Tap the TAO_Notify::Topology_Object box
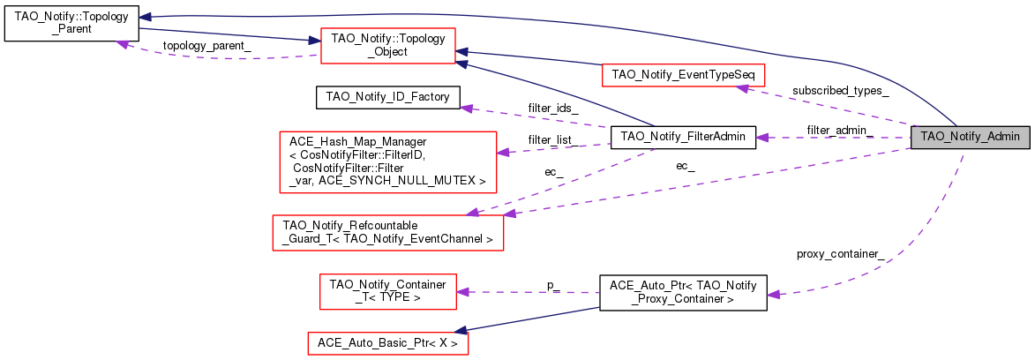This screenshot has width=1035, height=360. (x=386, y=46)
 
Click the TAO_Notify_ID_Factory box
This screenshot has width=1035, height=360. (x=387, y=96)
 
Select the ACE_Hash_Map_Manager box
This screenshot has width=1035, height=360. (x=386, y=161)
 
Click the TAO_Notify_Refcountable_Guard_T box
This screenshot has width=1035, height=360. (x=386, y=231)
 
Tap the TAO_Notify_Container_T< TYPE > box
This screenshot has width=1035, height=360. (x=386, y=291)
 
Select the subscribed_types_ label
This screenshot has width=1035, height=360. (x=840, y=90)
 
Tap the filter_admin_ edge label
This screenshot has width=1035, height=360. (x=839, y=130)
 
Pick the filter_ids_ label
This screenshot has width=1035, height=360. (x=553, y=108)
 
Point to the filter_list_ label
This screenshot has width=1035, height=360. (x=551, y=139)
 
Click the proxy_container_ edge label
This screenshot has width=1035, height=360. (x=839, y=254)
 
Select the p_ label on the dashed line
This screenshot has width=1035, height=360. (x=553, y=286)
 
